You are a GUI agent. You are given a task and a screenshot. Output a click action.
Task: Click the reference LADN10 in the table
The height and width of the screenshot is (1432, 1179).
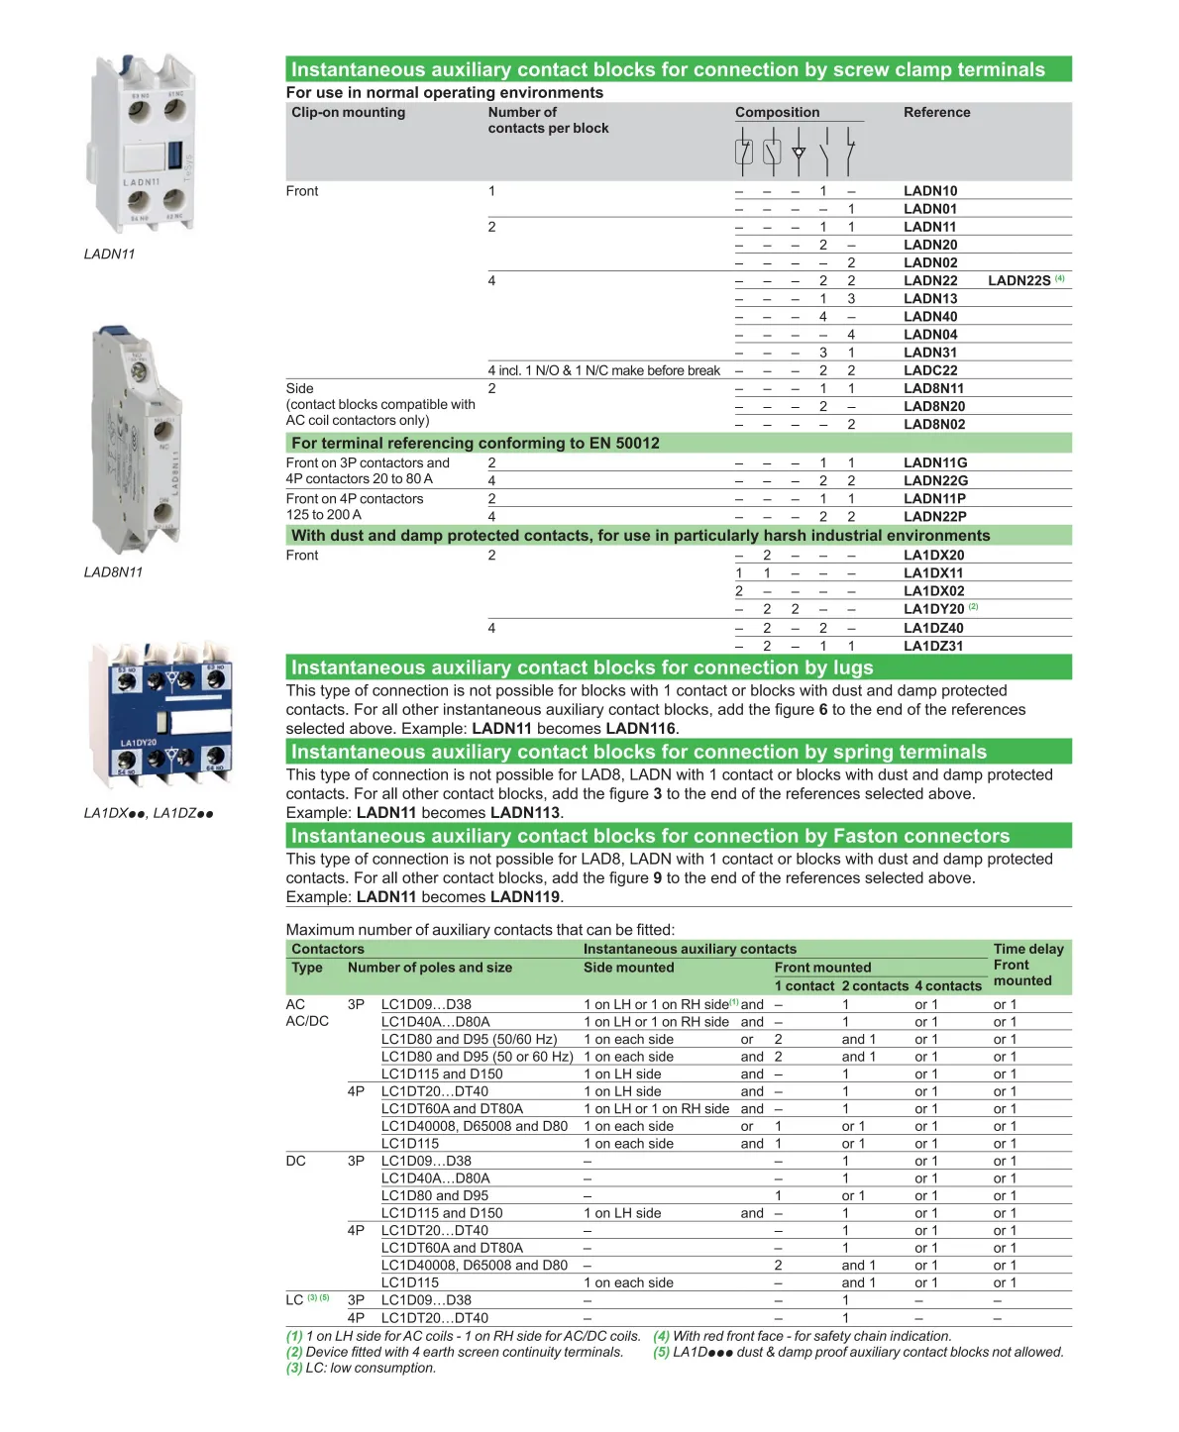point(929,191)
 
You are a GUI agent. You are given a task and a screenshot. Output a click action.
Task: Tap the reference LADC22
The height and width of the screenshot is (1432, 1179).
point(929,370)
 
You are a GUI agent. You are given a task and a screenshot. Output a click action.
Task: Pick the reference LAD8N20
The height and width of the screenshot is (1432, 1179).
point(933,406)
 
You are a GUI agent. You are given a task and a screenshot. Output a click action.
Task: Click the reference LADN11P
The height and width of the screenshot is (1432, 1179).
point(933,499)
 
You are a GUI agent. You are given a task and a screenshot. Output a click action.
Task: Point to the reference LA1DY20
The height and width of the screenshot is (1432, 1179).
point(932,609)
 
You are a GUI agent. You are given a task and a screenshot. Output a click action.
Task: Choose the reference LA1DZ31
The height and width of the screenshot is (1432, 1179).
point(932,646)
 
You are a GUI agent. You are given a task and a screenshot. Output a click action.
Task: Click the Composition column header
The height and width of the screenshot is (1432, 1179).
point(777,113)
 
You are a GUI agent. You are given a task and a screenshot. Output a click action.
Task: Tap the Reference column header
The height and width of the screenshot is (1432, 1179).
point(936,113)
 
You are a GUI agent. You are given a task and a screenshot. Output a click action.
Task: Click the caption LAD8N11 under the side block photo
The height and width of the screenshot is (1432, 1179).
point(113,572)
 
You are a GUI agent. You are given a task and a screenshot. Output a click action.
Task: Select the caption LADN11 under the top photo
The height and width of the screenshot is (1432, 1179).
point(109,255)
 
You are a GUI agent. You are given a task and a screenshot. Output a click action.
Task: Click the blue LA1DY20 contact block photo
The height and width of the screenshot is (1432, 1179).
point(162,713)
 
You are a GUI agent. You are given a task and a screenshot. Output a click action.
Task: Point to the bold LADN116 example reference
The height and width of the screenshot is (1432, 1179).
point(641,729)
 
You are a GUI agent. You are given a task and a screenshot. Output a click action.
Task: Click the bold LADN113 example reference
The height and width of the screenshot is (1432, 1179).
point(525,813)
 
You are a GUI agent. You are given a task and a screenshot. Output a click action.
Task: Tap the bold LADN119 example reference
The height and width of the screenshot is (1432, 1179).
point(525,897)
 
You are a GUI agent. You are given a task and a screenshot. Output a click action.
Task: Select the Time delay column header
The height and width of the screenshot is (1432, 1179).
point(1027,950)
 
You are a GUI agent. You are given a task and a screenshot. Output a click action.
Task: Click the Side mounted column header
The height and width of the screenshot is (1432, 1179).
point(628,968)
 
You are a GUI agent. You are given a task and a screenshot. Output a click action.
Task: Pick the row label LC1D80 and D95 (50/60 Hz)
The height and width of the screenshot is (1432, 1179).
point(469,1040)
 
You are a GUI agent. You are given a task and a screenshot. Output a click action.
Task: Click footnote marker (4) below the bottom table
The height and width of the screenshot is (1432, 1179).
point(661,1336)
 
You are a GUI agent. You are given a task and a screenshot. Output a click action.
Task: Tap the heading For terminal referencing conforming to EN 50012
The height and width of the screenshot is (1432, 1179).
point(475,444)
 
